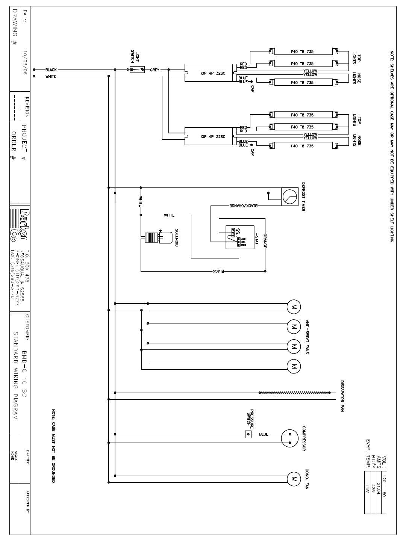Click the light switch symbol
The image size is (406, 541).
point(137,70)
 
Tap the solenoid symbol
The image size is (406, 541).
point(154,237)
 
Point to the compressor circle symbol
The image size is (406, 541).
point(289,438)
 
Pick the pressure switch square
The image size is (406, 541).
point(248,434)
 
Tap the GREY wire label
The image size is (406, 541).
point(155,70)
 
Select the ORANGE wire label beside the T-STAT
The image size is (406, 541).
point(265,240)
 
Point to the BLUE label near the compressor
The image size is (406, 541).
point(264,434)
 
